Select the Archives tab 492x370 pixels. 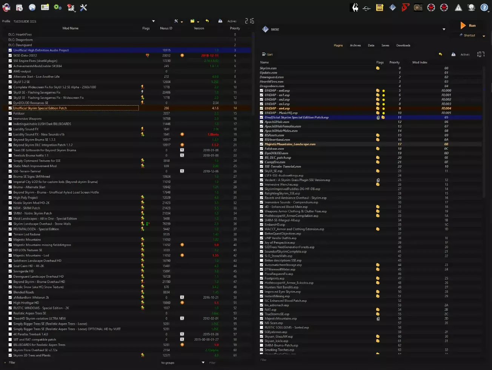coord(355,45)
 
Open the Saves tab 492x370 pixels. coord(385,45)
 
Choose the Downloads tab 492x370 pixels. coord(403,45)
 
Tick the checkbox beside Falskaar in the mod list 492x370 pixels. coord(10,114)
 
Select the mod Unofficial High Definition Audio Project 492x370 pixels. coord(41,50)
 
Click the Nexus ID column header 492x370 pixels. coord(166,28)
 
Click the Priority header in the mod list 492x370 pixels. coord(235,28)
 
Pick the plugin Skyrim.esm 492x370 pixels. coord(268,68)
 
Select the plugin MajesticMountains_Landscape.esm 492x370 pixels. coord(290,144)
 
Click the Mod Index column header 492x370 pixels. coord(420,63)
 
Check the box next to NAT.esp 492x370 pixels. coord(262,310)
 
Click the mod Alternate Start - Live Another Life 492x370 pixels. coord(37,77)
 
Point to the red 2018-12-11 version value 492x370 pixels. coord(210,55)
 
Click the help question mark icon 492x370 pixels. coord(484,7)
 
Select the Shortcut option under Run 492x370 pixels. coord(469,35)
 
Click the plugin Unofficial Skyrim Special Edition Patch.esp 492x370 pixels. coord(297,117)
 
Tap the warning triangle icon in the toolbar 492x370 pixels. coord(458,7)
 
